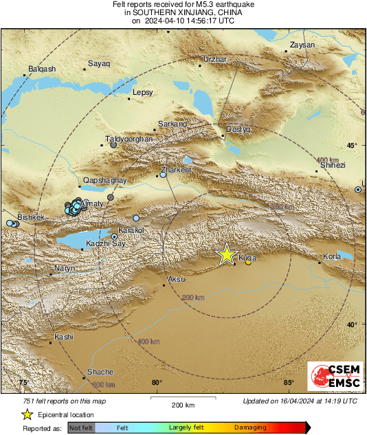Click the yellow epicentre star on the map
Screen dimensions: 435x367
pyautogui.click(x=226, y=254)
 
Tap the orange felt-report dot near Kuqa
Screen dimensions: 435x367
pyautogui.click(x=248, y=261)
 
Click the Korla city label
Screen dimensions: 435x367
pyautogui.click(x=331, y=257)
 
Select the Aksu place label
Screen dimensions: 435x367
pyautogui.click(x=177, y=279)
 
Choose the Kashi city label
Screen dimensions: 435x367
pyautogui.click(x=64, y=337)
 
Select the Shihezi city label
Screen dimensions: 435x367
pyautogui.click(x=333, y=165)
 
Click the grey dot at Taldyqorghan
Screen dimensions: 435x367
pyautogui.click(x=114, y=145)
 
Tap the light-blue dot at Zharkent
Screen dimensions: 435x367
pyautogui.click(x=163, y=175)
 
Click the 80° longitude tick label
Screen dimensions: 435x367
pyautogui.click(x=157, y=383)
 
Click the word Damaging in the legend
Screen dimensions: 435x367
pyautogui.click(x=250, y=427)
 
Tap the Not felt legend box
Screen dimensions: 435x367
pyautogui.click(x=81, y=427)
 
